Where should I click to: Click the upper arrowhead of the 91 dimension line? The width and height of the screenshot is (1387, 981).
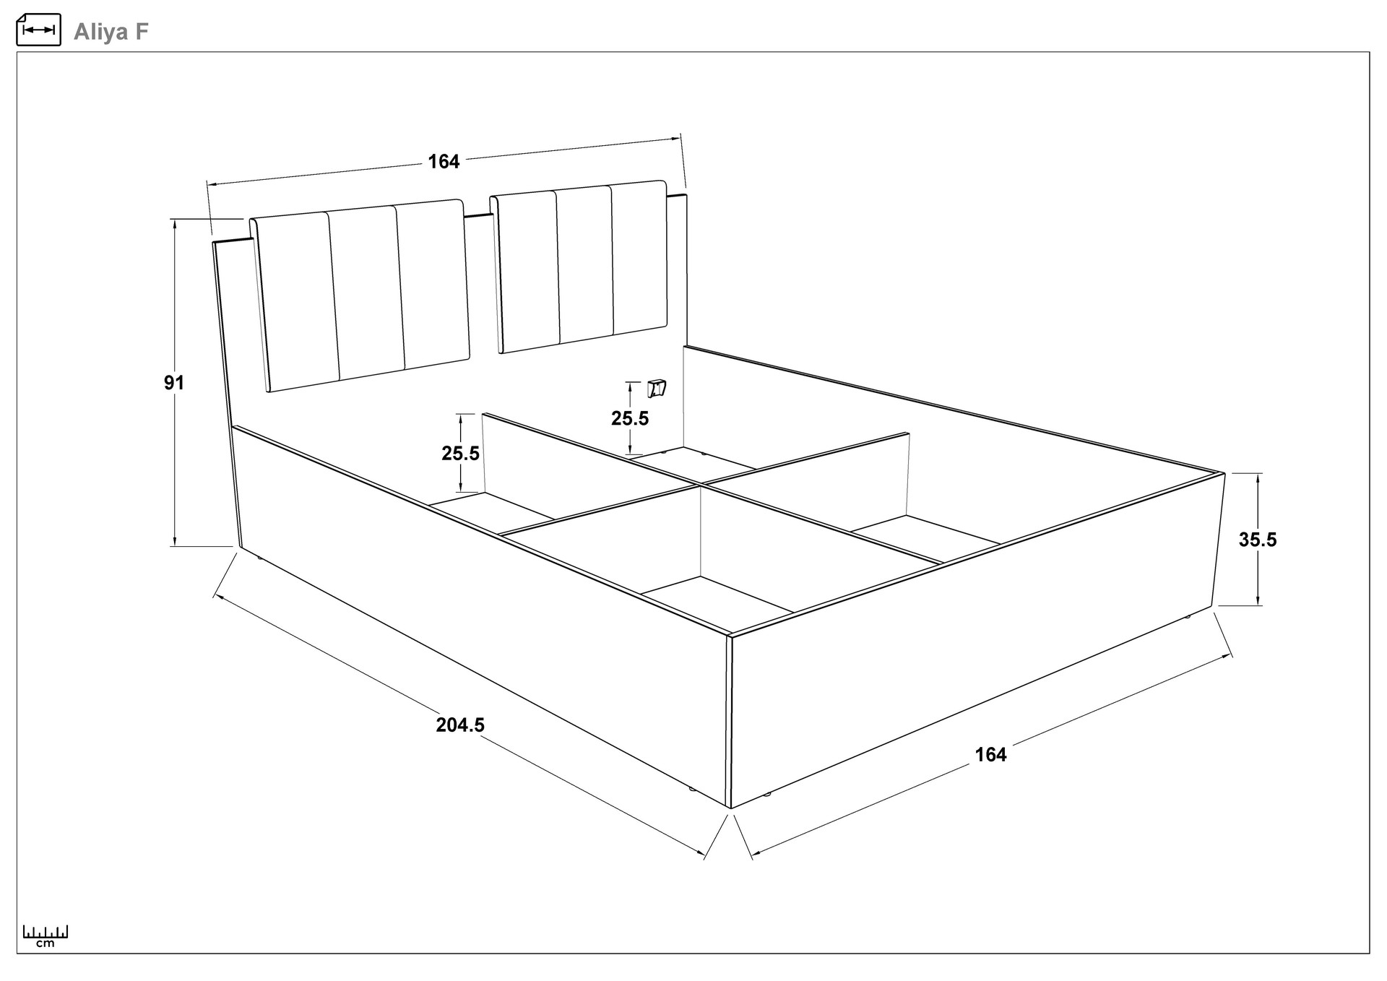click(x=175, y=223)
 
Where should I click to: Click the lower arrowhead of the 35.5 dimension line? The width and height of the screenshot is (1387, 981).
click(x=1258, y=600)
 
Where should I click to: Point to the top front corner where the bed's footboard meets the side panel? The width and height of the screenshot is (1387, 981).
click(x=730, y=636)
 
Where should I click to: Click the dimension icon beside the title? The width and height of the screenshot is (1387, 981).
click(x=38, y=30)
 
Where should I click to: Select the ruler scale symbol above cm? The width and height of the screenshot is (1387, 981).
click(x=46, y=931)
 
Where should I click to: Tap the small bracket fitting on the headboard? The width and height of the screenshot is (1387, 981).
click(x=657, y=389)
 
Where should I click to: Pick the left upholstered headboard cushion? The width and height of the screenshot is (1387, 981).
click(x=360, y=295)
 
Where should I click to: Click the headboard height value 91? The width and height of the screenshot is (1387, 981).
click(x=174, y=383)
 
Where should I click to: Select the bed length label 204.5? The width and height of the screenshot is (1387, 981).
click(x=460, y=725)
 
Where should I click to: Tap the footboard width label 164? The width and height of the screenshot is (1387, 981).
click(x=990, y=754)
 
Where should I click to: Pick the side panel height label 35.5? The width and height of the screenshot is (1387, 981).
click(x=1258, y=540)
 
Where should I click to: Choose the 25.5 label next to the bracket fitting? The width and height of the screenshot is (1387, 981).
click(x=630, y=418)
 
